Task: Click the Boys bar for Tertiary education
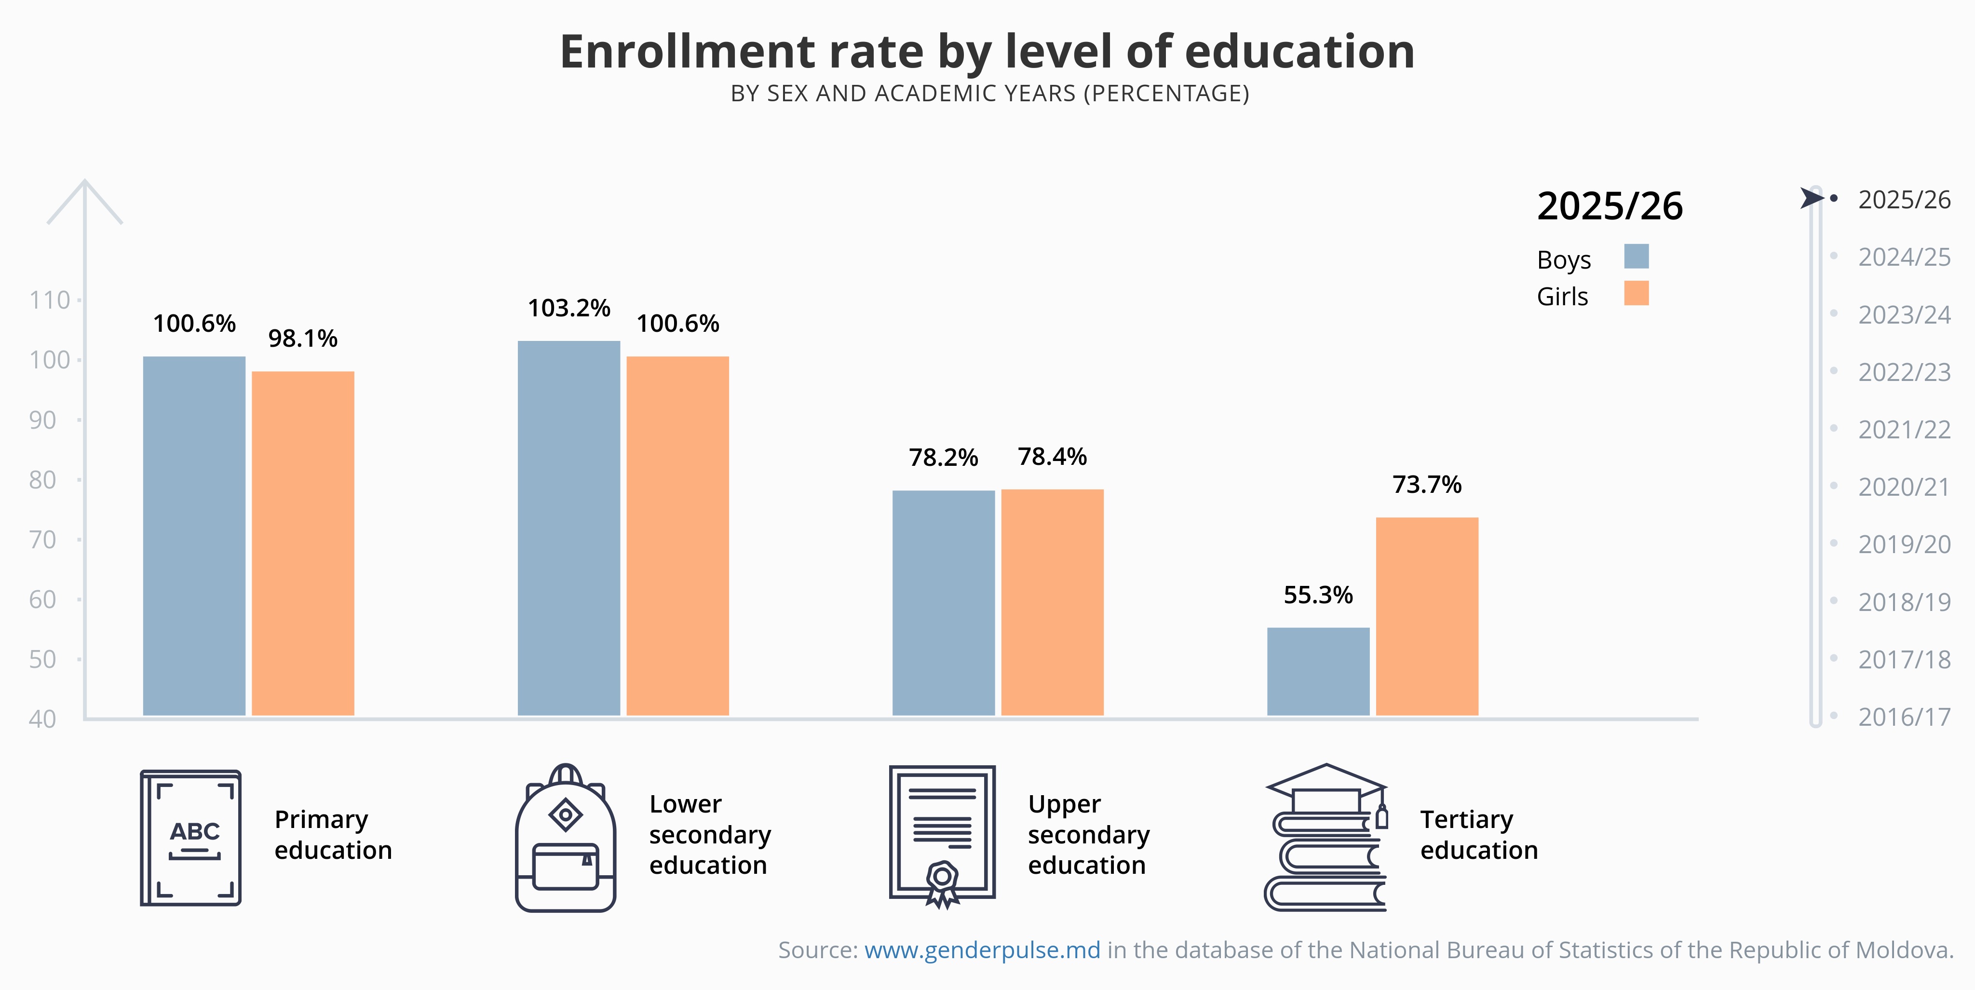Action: tap(1318, 672)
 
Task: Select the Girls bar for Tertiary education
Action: tap(1427, 617)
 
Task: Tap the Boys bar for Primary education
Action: tap(194, 536)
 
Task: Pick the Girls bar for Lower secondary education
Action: tap(678, 536)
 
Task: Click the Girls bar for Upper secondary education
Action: tap(1052, 603)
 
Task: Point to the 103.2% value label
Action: tap(569, 308)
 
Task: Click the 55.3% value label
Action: tap(1318, 595)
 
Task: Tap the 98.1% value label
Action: tap(303, 338)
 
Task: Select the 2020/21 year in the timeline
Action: tap(1904, 487)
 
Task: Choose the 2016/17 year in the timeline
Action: tap(1904, 717)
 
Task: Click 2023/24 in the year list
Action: tap(1904, 314)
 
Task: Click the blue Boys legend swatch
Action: tap(1636, 256)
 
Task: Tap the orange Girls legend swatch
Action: tap(1636, 293)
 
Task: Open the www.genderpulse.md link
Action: tap(982, 950)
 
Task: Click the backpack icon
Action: tap(566, 838)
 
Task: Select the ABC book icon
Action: tap(191, 838)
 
